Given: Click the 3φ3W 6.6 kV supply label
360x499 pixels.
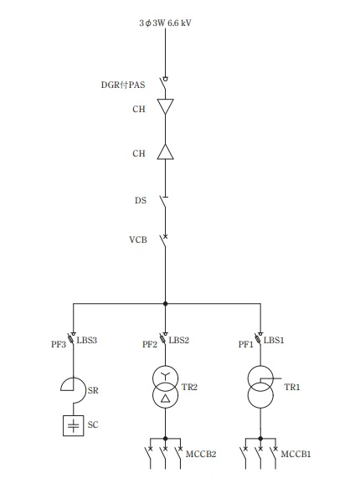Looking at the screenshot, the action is tap(165, 23).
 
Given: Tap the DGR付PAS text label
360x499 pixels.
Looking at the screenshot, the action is tap(123, 85).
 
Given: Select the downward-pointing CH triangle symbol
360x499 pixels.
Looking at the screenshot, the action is tap(165, 106).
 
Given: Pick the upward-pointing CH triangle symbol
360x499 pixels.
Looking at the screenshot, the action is tap(165, 152).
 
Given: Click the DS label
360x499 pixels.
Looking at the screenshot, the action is tap(141, 200).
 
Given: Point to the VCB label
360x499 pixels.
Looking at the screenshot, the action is tap(138, 239).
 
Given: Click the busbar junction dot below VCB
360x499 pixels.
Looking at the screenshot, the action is tap(165, 304).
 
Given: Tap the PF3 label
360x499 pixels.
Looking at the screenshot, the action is tap(59, 344).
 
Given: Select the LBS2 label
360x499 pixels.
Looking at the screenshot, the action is tap(178, 340).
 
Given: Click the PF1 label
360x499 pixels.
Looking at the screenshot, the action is tap(246, 344).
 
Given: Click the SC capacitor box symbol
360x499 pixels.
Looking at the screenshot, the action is tap(73, 425).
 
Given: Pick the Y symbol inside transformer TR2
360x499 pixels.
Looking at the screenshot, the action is tap(165, 376).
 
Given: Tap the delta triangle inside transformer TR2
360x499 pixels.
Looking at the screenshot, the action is tap(165, 399).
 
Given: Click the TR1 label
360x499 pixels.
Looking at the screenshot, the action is tap(292, 387).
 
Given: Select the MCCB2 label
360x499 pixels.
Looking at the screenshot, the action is tap(201, 454).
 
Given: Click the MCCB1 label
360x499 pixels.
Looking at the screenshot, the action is tap(296, 454).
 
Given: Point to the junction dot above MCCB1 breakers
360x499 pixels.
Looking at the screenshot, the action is tap(260, 439).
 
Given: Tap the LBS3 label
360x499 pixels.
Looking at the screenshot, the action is tap(86, 340).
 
